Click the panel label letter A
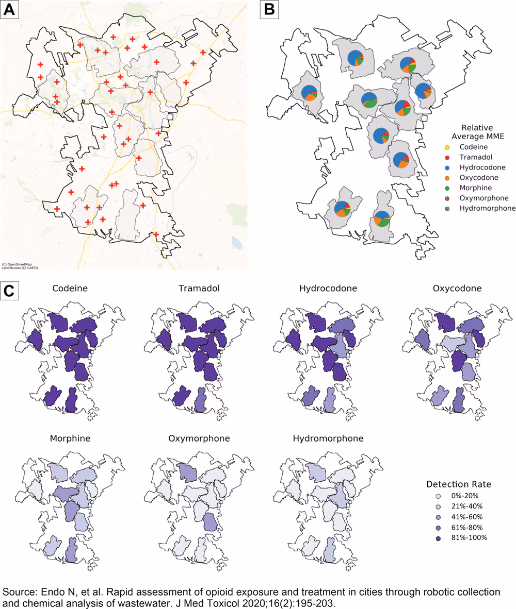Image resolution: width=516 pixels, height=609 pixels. click(x=10, y=10)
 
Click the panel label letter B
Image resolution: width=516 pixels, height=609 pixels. click(x=268, y=10)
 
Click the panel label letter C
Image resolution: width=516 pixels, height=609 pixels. click(x=10, y=290)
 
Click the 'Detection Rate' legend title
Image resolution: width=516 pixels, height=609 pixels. click(x=458, y=485)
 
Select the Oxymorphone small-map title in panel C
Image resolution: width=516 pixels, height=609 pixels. click(x=199, y=438)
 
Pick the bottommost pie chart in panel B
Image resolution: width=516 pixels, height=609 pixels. click(x=382, y=218)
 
